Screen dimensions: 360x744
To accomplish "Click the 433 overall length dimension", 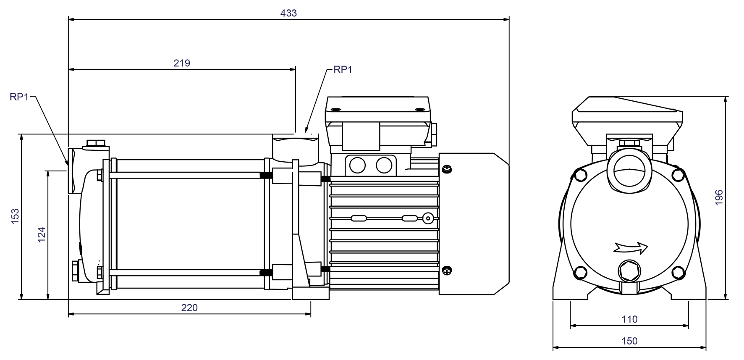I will pos(288,13).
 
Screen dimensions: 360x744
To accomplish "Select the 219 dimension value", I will pos(182,63).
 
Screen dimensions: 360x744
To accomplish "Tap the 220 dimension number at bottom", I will pos(189,307).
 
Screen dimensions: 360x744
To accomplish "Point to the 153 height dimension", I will pos(15,216).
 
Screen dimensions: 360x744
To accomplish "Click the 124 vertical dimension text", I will pos(42,235).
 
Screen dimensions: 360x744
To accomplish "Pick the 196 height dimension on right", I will pos(719,197).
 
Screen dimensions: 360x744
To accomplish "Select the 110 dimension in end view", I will pos(629,319).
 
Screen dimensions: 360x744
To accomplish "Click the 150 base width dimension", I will pos(629,341).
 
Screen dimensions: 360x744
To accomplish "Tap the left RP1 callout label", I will pos(19,97).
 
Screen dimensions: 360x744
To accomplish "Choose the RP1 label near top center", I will pos(343,70).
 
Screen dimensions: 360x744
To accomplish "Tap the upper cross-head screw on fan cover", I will pos(447,169).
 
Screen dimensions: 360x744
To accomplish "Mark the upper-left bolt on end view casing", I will pos(581,174).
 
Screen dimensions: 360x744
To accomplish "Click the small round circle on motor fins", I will pos(428,218).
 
